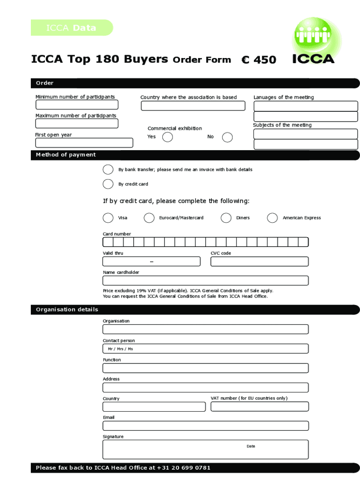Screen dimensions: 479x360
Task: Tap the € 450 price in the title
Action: [x=259, y=60]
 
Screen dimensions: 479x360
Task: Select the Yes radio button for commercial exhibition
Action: [x=167, y=137]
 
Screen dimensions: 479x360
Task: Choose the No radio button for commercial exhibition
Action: [x=227, y=137]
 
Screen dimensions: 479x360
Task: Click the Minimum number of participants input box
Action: [x=77, y=105]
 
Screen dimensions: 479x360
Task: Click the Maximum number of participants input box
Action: [x=77, y=123]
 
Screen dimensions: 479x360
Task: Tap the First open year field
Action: [x=84, y=143]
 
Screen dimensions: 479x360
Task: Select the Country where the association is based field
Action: [x=193, y=106]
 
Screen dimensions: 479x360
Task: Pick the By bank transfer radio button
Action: [x=108, y=169]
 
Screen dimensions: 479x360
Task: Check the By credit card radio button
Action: [x=108, y=184]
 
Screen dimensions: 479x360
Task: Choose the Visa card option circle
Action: [x=108, y=218]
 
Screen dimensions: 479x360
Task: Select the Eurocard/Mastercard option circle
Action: [x=149, y=218]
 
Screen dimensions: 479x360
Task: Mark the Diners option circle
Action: [x=226, y=218]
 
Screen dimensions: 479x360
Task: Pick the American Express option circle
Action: [x=273, y=218]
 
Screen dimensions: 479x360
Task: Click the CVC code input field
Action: [x=259, y=261]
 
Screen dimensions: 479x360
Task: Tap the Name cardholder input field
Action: [x=205, y=281]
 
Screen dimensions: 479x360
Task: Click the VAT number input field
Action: [x=259, y=406]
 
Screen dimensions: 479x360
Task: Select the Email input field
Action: [x=205, y=426]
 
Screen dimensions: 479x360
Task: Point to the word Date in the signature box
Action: [x=251, y=446]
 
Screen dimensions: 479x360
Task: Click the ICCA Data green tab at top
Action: [x=72, y=28]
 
